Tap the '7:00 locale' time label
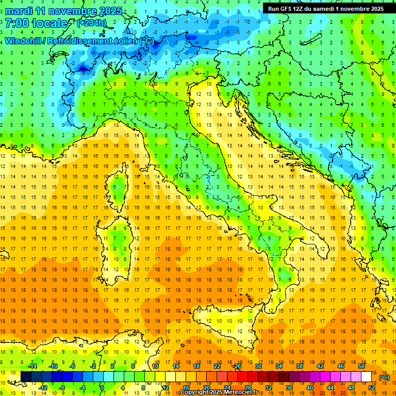(x=36, y=23)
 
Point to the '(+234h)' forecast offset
(x=91, y=23)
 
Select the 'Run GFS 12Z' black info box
(x=325, y=8)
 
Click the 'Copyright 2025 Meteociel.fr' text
(x=222, y=392)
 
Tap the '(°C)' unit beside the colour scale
(x=384, y=377)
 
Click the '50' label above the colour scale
(x=361, y=366)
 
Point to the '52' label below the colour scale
(x=372, y=388)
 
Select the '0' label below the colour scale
(x=102, y=388)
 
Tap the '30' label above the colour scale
(x=258, y=366)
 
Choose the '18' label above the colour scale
(x=196, y=366)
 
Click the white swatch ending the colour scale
(x=366, y=377)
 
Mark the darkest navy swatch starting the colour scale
(x=26, y=377)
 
